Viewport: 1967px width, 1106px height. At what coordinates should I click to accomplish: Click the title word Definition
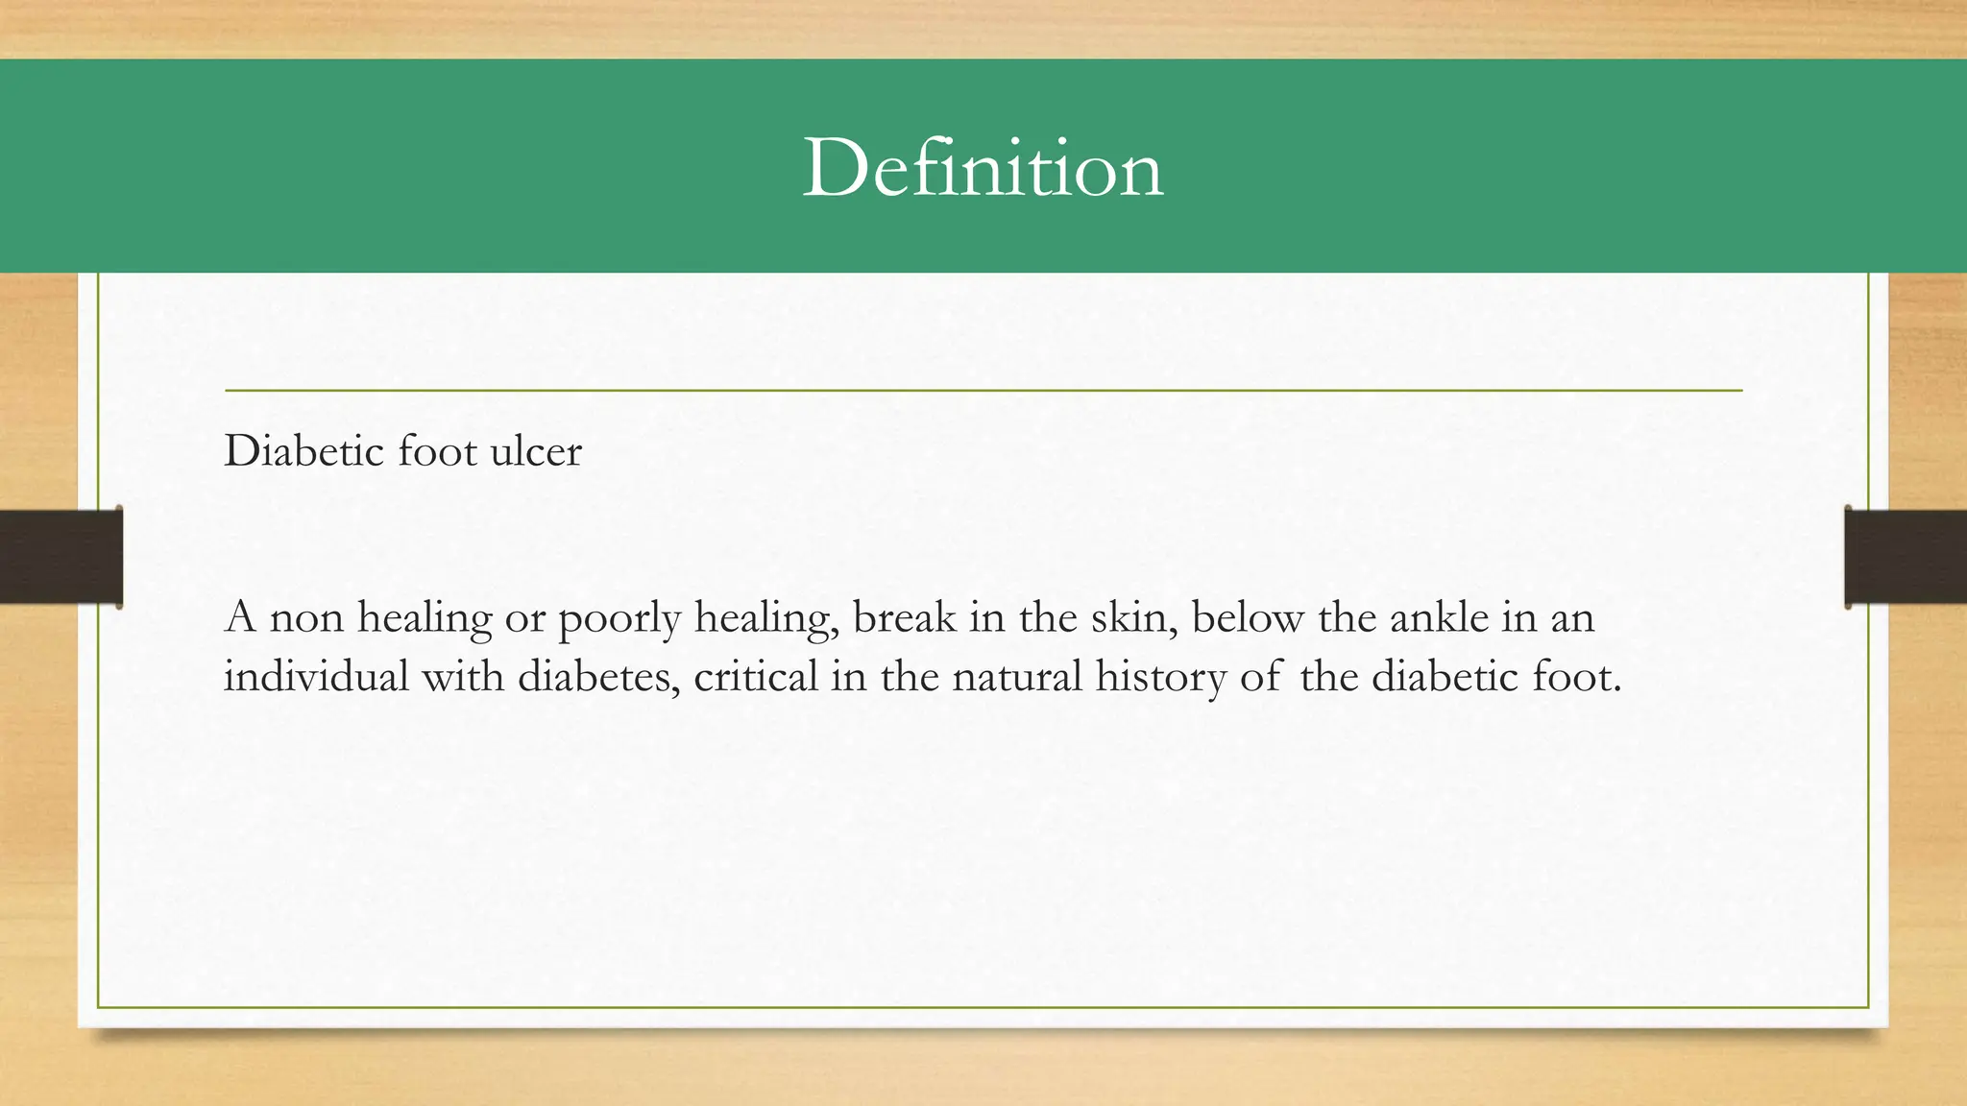tap(983, 169)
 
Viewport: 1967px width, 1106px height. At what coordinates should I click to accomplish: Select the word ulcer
tap(535, 451)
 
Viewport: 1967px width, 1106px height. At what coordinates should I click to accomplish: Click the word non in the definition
tap(306, 618)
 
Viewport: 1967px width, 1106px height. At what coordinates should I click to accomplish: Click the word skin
tap(1132, 618)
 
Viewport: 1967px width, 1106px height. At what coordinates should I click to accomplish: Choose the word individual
tap(316, 677)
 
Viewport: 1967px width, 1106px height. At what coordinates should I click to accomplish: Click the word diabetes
tap(599, 677)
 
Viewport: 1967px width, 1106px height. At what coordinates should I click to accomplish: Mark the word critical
tap(756, 677)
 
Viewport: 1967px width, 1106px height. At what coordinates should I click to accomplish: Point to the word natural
tap(1017, 677)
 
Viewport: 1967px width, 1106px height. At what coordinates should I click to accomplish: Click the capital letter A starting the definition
tap(240, 617)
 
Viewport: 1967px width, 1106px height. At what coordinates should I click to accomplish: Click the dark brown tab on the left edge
tap(61, 557)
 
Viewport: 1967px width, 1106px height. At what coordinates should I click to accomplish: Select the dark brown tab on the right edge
tap(1906, 557)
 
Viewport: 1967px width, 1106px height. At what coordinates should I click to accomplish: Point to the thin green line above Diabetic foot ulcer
tap(983, 391)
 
